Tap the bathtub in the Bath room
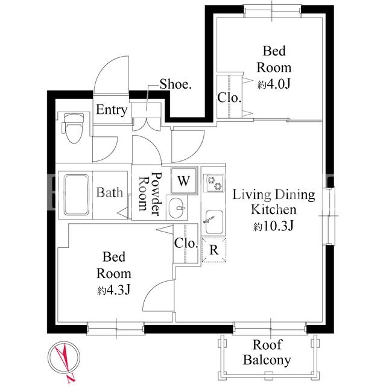coord(77,195)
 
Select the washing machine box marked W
coord(184,181)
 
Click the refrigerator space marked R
coord(214,250)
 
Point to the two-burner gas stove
coord(214,183)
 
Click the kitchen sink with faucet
coord(214,222)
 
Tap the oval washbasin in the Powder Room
coord(177,207)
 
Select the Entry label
coord(112,110)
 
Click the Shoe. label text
coord(176,84)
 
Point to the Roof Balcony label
coord(267,352)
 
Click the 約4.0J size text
coord(274,84)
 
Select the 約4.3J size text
coord(114,290)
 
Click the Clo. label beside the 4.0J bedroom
coord(229,98)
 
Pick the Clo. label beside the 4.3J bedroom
coord(186,243)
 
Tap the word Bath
coord(110,192)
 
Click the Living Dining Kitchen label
coord(274,202)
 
